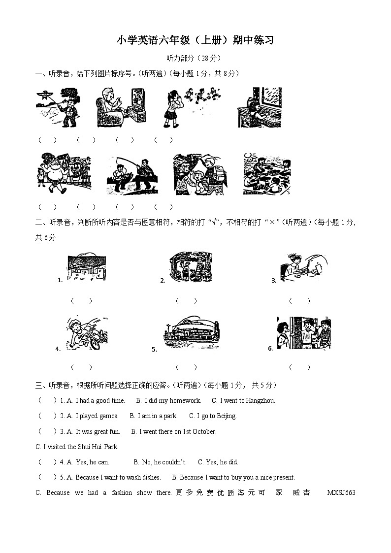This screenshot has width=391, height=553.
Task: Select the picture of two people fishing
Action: click(x=131, y=176)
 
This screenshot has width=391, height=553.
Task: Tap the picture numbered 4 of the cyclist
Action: click(x=87, y=333)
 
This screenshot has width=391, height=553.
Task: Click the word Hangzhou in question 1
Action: click(x=259, y=401)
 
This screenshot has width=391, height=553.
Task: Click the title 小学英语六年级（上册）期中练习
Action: click(x=195, y=40)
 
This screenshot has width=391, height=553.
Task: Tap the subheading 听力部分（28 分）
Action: click(x=195, y=58)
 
